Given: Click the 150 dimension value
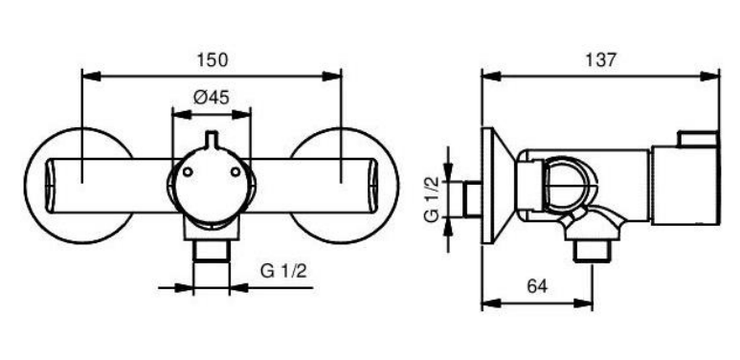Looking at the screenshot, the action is coord(212,60).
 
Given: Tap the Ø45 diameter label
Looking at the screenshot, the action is coord(211,98).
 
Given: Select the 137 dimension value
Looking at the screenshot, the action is coord(600,60).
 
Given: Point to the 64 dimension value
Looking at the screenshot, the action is coord(537,286).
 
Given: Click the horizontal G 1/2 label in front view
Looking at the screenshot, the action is coord(283,271).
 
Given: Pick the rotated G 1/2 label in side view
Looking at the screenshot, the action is coord(433,198).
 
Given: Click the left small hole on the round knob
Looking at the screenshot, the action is coord(188,172).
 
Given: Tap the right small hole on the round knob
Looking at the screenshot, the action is coord(235,172).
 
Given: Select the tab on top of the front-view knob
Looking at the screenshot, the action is coord(212,139).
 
